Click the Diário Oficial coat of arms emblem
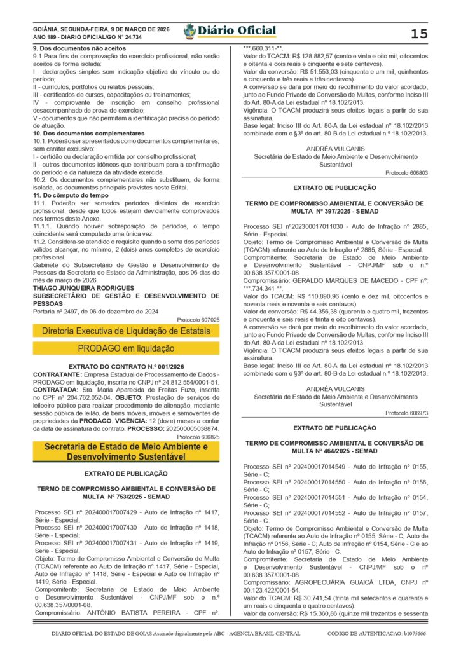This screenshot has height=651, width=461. (189, 31)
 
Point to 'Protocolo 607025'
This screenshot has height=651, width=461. (198, 320)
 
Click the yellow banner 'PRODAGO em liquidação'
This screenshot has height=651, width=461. (126, 348)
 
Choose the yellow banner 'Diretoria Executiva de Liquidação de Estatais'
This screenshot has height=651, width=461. (126, 331)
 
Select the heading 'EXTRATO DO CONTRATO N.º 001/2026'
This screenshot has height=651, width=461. (126, 367)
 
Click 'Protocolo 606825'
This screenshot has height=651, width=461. (198, 437)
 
